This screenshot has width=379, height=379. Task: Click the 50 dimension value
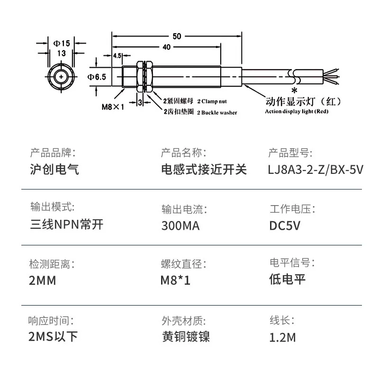pos(177,36)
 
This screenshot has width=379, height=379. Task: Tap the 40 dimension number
pos(166,47)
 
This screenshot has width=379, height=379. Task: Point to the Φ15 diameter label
pos(61,43)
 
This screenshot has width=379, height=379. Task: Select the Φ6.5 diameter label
pos(97,76)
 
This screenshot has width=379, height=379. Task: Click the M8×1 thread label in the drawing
pos(113,107)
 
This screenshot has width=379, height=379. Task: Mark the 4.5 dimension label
pos(117,56)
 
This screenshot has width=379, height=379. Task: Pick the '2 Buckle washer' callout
pos(217,112)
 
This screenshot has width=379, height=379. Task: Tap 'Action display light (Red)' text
pos(296,112)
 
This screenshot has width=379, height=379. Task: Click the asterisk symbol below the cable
pos(294,90)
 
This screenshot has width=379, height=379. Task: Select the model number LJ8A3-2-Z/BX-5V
pos(316,170)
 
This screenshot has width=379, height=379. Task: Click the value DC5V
pos(285,226)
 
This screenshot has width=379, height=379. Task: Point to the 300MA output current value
pos(180,226)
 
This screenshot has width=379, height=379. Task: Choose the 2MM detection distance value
pos(43,280)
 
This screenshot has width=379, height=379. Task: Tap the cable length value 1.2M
pos(282,337)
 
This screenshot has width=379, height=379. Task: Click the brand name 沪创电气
pos(54,170)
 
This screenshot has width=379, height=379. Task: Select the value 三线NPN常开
pos(66,224)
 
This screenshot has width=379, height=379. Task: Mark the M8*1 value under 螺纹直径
pos(175,280)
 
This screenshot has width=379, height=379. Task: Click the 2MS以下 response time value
pos(54,337)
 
